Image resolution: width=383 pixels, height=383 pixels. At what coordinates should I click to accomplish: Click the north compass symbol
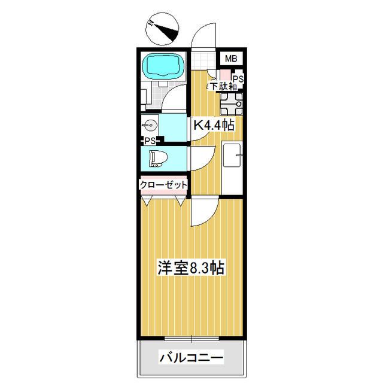[x=163, y=28]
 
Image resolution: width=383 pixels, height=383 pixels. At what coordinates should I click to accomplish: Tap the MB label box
[x=230, y=59]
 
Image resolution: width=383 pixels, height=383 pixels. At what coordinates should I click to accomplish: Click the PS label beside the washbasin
[x=150, y=141]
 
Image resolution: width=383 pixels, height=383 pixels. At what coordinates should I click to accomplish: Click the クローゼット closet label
[x=163, y=186]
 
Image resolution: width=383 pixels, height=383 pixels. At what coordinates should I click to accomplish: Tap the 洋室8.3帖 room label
[x=191, y=268]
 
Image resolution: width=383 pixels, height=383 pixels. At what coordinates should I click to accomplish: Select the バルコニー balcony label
[x=191, y=359]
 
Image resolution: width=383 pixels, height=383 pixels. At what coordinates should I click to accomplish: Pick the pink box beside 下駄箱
[x=223, y=76]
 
